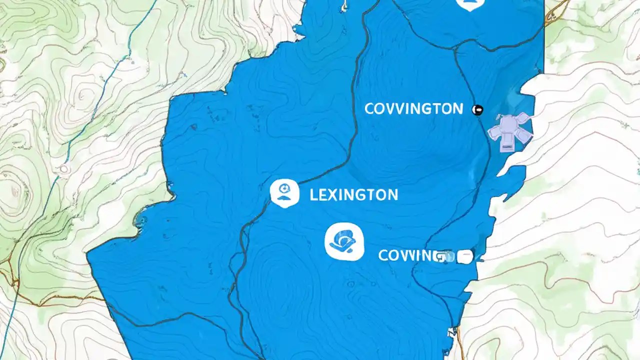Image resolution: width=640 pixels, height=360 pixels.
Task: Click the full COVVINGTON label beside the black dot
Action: pyautogui.click(x=413, y=108)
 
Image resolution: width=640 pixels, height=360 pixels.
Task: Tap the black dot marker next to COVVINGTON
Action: pyautogui.click(x=477, y=109)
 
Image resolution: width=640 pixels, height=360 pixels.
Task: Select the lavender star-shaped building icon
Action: pyautogui.click(x=510, y=130)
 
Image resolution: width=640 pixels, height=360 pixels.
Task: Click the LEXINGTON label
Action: pyautogui.click(x=353, y=194)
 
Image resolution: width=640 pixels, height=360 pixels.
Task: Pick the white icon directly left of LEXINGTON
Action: pyautogui.click(x=284, y=193)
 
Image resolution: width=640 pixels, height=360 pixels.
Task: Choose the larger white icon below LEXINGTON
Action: pyautogui.click(x=344, y=242)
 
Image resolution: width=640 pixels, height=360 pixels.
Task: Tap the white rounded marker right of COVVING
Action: pyautogui.click(x=464, y=256)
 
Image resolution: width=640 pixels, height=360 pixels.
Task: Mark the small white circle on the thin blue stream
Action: pyautogui.click(x=64, y=169)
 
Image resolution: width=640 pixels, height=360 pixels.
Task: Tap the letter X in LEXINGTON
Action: pyautogui.click(x=331, y=194)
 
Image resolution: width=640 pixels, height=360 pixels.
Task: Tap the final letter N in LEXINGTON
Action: pyautogui.click(x=392, y=194)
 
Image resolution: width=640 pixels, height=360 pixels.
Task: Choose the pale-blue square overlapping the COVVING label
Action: pyautogui.click(x=448, y=257)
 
